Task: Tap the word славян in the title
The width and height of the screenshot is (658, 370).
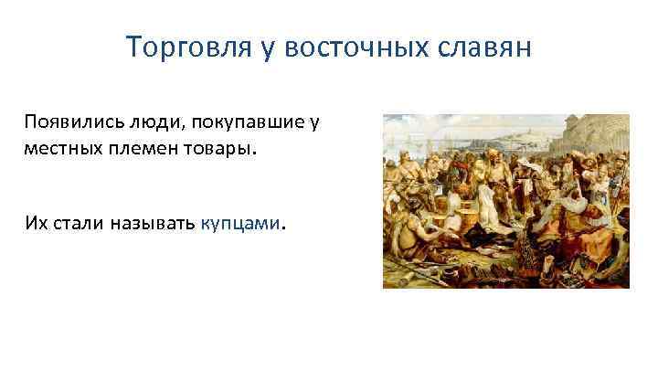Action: tap(484, 47)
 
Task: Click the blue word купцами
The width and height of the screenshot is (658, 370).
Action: tap(242, 222)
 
